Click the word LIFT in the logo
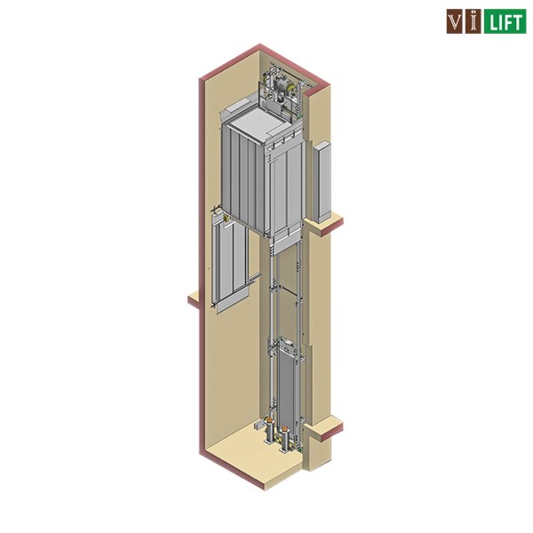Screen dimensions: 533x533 (505, 21)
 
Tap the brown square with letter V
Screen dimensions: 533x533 (455, 21)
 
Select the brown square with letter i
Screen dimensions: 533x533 (473, 21)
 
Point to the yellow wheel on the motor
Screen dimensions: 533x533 (290, 90)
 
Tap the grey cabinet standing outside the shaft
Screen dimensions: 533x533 (322, 182)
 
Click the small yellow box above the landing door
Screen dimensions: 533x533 (226, 219)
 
